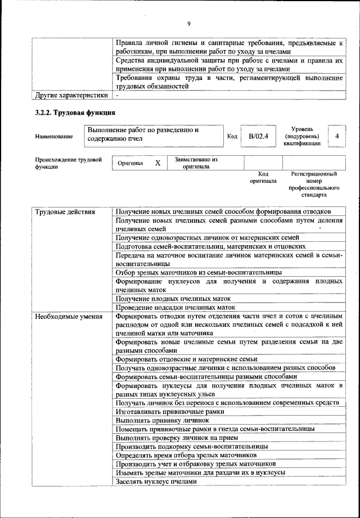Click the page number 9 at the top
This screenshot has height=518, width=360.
[189, 23]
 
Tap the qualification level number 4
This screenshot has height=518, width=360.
[336, 136]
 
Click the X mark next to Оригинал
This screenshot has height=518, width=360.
[158, 163]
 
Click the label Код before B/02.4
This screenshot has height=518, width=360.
[232, 136]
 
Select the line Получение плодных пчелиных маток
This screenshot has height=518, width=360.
[173, 299]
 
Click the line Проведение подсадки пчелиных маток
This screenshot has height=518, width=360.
[175, 308]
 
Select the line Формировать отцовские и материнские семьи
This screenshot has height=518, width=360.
[186, 359]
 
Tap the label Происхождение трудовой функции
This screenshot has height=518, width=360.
[68, 163]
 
